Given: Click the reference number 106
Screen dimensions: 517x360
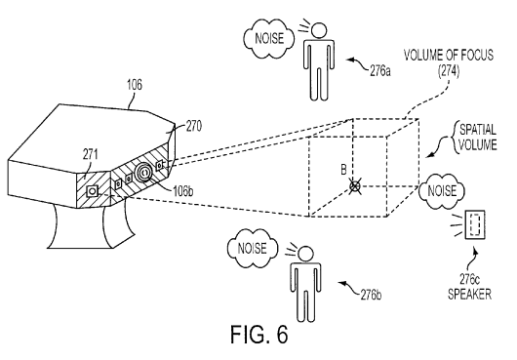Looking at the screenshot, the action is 135,85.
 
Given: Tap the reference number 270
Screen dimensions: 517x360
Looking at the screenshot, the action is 194,126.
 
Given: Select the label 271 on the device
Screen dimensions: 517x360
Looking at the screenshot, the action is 91,154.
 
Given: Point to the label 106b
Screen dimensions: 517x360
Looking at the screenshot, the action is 183,191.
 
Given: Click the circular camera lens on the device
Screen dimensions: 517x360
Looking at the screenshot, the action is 144,172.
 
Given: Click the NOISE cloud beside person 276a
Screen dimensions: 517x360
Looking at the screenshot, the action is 268,38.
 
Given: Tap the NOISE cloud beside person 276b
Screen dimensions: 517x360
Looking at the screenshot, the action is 253,248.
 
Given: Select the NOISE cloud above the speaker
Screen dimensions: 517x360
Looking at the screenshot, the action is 442,191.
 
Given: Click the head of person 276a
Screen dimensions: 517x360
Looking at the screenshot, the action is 319,30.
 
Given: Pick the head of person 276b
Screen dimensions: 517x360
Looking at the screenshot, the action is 305,255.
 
